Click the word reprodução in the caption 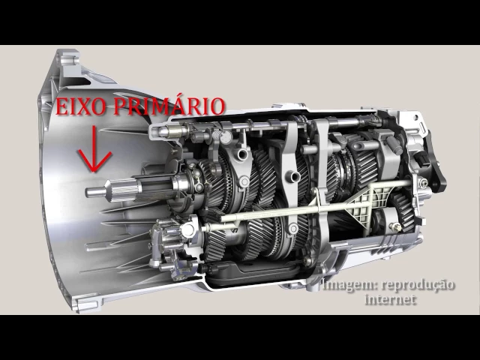point(418,286)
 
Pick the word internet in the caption point(391,299)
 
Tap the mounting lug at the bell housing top point(70,60)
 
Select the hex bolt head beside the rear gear point(395,226)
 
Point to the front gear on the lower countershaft point(216,242)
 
